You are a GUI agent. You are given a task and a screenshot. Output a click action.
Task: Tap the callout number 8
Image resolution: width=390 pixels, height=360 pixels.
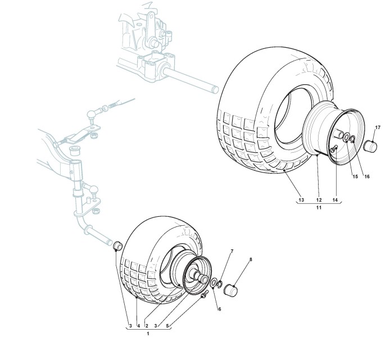click(251, 259)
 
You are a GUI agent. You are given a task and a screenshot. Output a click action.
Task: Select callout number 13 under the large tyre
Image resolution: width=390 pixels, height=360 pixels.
click(301, 200)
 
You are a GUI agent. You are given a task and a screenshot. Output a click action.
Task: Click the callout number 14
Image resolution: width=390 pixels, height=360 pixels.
click(336, 200)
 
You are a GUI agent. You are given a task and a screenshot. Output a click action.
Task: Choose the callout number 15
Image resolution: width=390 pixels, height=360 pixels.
click(355, 176)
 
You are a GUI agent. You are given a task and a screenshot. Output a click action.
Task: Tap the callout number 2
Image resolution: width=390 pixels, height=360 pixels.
click(147, 325)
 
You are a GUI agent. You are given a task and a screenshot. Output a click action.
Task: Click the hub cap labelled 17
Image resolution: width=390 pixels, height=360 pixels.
click(370, 147)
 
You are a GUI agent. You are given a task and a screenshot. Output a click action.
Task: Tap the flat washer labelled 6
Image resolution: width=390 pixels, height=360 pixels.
click(215, 281)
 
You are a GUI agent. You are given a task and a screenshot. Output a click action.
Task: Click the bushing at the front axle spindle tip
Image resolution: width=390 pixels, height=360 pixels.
click(117, 245)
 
